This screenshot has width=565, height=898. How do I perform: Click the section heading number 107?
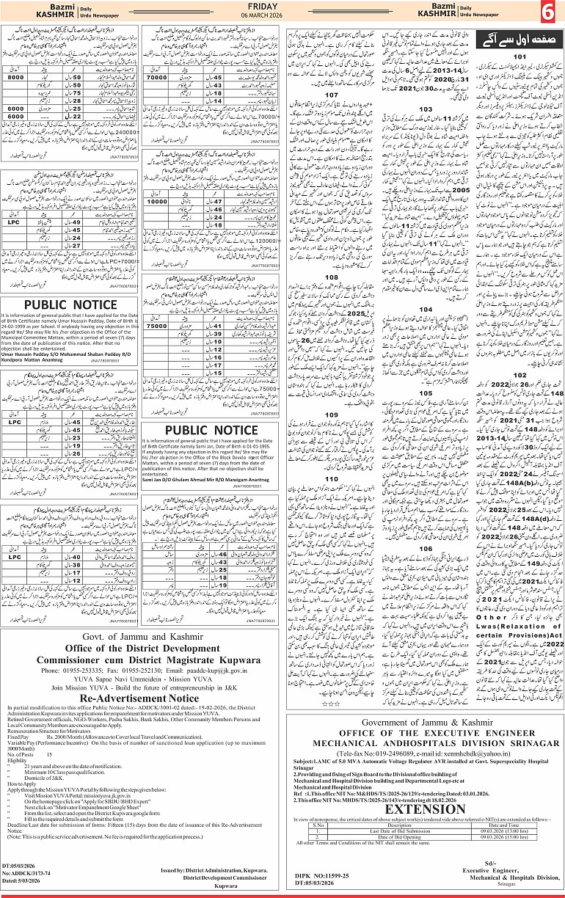click(332, 95)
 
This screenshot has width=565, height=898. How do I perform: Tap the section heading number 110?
click(332, 478)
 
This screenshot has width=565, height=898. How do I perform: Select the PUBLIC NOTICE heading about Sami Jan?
click(211, 428)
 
